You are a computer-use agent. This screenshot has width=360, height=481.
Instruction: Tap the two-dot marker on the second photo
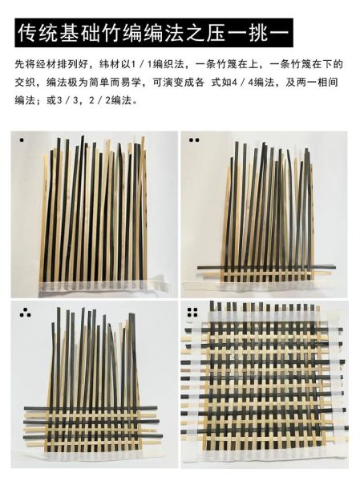pos(193,140)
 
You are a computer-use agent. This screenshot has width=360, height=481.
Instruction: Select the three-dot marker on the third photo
pos(24,313)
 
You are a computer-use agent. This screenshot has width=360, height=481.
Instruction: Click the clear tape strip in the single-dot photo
pos(96,282)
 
